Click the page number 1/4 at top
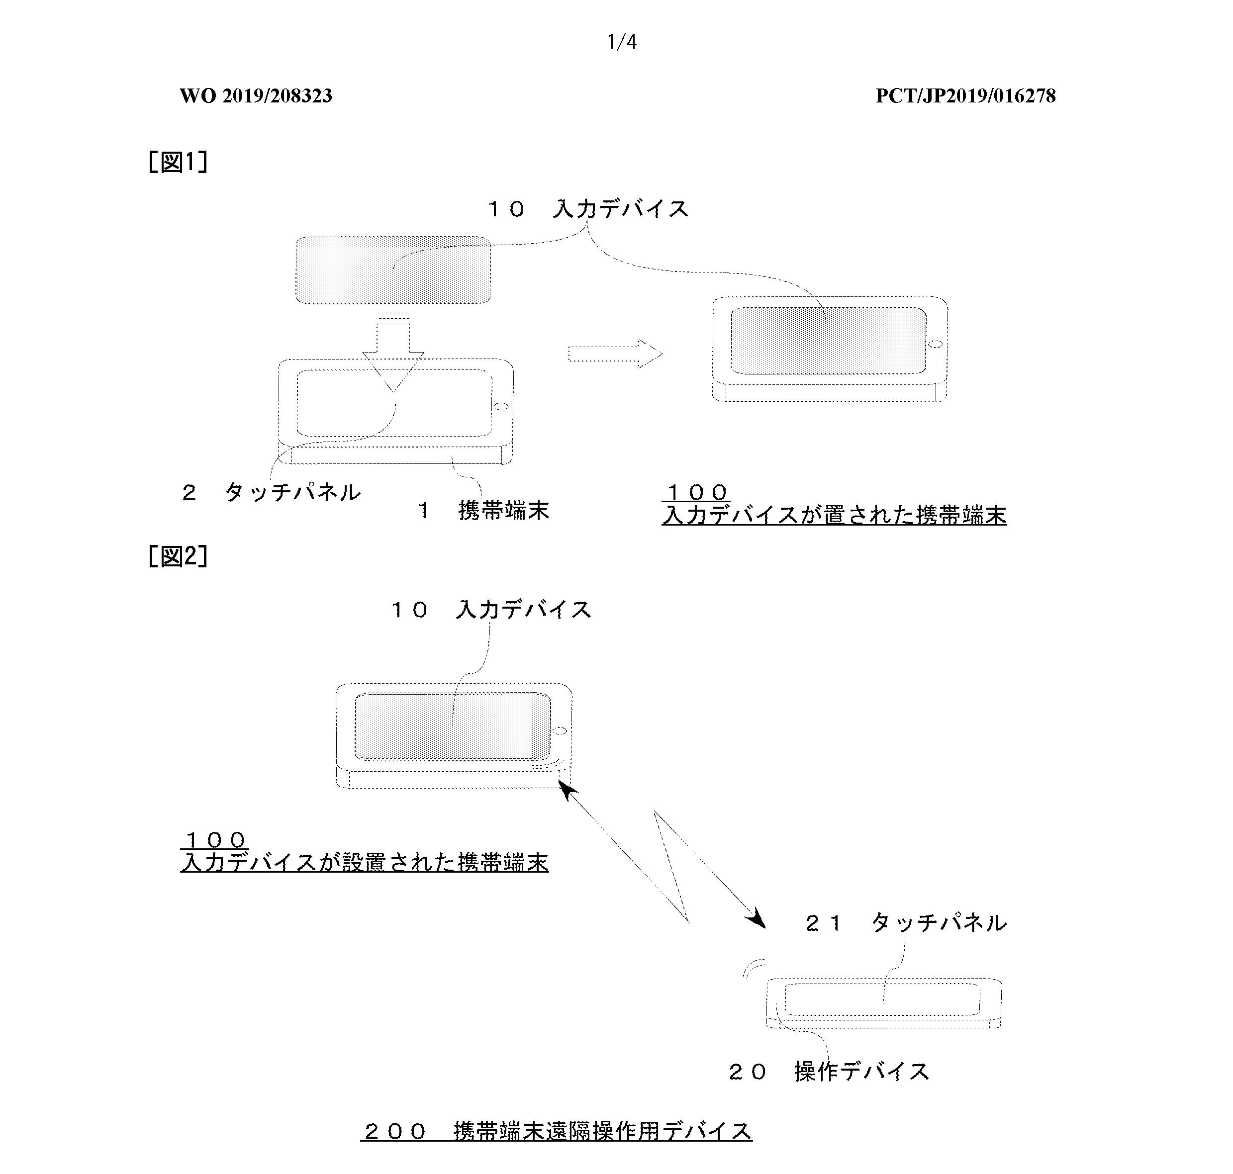click(x=622, y=42)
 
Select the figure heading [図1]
click(x=178, y=162)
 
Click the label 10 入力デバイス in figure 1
click(x=588, y=208)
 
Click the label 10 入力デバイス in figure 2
click(x=491, y=609)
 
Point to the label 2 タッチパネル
click(x=271, y=492)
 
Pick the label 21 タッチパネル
click(x=906, y=922)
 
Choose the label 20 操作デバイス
click(x=829, y=1072)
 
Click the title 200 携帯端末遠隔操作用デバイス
click(x=557, y=1131)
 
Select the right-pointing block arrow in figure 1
click(x=615, y=354)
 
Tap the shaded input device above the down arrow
click(x=393, y=271)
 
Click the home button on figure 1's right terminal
click(x=936, y=344)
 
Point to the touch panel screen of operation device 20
click(x=882, y=999)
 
